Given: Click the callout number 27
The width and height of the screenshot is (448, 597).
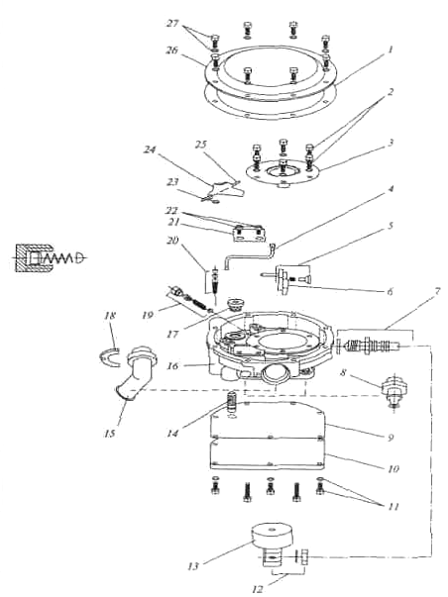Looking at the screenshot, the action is (172, 23).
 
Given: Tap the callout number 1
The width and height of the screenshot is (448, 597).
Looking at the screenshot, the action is (391, 50).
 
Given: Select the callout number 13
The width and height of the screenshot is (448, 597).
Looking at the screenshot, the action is (193, 566).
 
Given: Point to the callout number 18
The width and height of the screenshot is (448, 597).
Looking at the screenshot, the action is (110, 316).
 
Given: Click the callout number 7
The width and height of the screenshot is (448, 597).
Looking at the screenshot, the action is (437, 292).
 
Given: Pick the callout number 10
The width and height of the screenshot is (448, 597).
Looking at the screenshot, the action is (393, 468).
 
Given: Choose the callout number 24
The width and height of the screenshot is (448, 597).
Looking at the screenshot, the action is (150, 149).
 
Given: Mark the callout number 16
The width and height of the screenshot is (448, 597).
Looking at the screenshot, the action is (172, 366).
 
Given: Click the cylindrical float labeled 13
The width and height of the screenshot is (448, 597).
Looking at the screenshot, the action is (273, 537).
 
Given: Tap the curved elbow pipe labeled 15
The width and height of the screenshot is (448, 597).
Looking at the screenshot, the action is (136, 373).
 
